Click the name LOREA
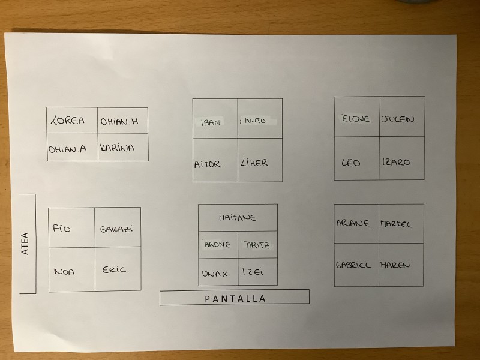coord(67,120)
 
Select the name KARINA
coord(117,148)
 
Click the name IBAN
coord(211,123)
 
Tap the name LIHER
coord(254,163)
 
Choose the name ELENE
coord(356,118)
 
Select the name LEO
coord(351,162)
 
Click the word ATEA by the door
coord(25,244)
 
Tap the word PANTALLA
coord(235,299)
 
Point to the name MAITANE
coord(238,218)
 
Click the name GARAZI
coord(116,229)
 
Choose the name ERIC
coord(114,269)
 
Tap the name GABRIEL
coord(353,265)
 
